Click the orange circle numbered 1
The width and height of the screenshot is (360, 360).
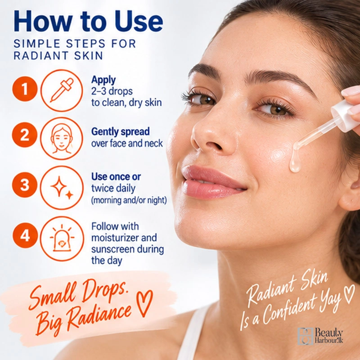[25, 89]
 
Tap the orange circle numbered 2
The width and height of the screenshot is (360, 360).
[25, 135]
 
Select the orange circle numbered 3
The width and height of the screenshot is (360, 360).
[25, 185]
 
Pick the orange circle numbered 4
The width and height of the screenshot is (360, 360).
[25, 235]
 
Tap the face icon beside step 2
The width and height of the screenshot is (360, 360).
[62, 139]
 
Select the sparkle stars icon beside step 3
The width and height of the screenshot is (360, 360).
[62, 188]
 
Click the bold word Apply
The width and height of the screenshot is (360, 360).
[103, 80]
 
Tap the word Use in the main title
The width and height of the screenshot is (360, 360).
[139, 21]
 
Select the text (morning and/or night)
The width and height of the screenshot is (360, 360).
[129, 200]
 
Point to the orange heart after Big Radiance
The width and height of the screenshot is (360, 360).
[144, 303]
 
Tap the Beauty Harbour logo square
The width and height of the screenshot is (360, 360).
[306, 336]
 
